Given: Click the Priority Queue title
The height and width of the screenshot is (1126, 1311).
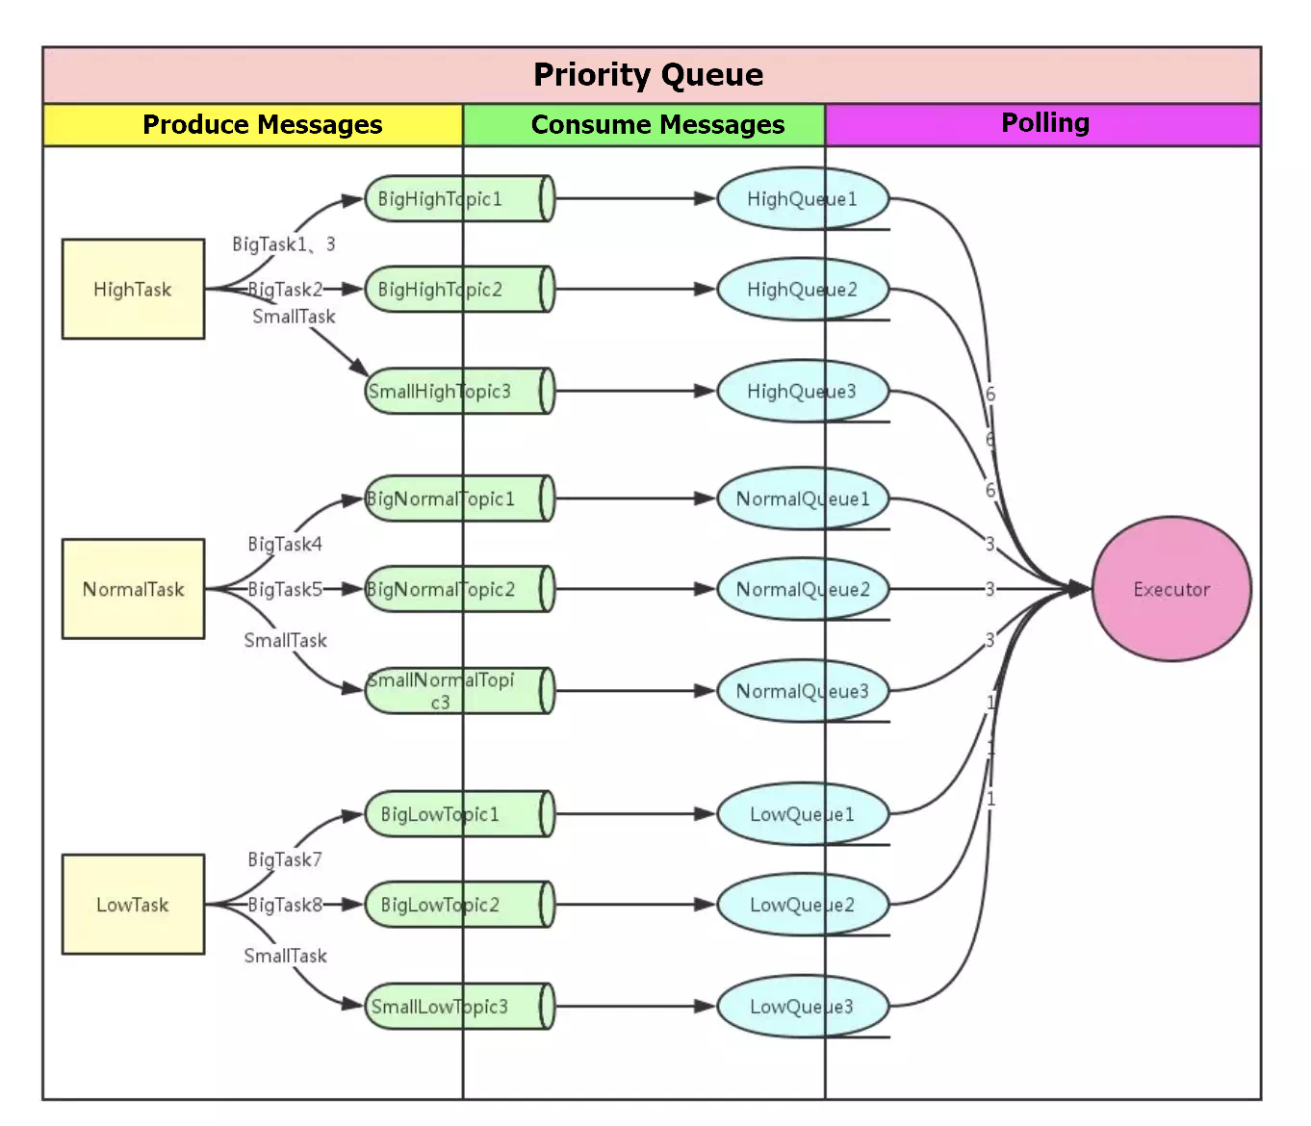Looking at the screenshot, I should point(649,75).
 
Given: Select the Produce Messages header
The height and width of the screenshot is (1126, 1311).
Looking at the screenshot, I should point(262,125).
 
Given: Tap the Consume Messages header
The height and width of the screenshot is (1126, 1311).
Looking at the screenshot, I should point(657,125).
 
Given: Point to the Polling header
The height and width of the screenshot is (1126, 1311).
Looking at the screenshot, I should point(1044,123).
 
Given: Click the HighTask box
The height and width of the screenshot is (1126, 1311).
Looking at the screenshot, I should point(133,289).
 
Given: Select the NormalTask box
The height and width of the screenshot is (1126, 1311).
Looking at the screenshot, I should point(133,589).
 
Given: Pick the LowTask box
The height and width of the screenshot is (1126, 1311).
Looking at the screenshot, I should point(133,905).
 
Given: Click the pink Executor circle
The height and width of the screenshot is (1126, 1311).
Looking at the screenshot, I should point(1171,589).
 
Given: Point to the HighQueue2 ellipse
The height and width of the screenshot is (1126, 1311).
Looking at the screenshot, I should point(802,290).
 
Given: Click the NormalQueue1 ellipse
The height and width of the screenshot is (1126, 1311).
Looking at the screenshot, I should point(802,499).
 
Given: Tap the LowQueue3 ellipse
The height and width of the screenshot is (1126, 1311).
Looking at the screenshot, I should point(802,1007).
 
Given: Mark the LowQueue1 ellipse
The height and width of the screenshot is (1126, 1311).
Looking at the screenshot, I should point(802,814).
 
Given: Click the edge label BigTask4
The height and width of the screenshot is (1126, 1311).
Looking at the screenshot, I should point(285,545).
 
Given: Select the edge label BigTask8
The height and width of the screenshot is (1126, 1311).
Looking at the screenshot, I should point(285,905).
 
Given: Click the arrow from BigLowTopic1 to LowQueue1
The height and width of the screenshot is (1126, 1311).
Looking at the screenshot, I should point(635,814).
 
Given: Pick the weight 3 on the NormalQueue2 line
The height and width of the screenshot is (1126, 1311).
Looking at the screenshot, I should point(990,589).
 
